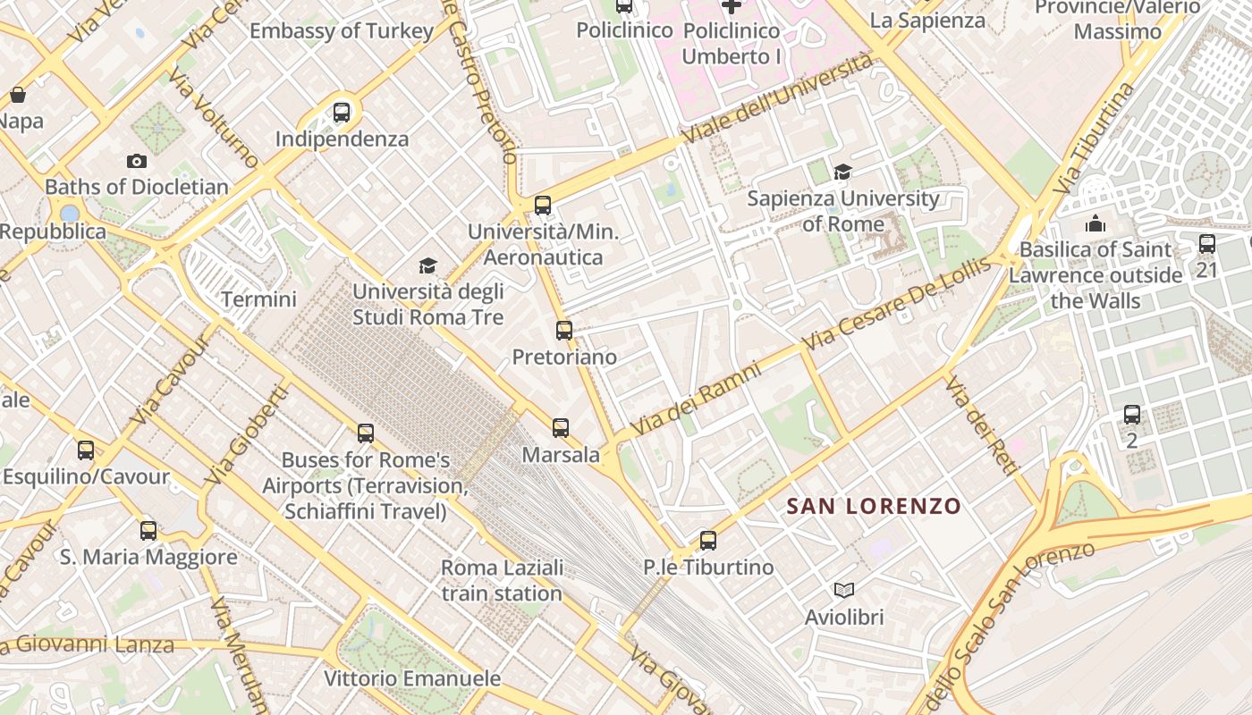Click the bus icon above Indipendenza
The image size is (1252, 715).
341,113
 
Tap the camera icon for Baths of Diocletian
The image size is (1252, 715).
137,161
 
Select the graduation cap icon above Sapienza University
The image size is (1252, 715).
842,172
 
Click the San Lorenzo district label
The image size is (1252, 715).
874,507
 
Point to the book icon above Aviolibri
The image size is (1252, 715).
843,590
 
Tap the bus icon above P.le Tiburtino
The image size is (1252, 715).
708,541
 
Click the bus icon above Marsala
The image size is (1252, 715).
561,428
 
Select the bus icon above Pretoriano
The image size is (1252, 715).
564,331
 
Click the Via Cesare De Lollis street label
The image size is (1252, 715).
897,304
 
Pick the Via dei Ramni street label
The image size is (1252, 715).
696,400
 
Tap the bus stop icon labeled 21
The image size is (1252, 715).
1207,243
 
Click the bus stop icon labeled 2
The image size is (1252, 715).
1132,415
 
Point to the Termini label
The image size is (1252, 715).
258,299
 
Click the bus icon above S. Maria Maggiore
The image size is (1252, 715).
148,531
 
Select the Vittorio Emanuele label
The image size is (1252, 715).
412,678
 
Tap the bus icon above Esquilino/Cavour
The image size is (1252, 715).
86,450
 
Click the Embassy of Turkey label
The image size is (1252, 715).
342,31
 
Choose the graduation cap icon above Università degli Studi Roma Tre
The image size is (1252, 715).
427,266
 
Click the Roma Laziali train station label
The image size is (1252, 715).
502,581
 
